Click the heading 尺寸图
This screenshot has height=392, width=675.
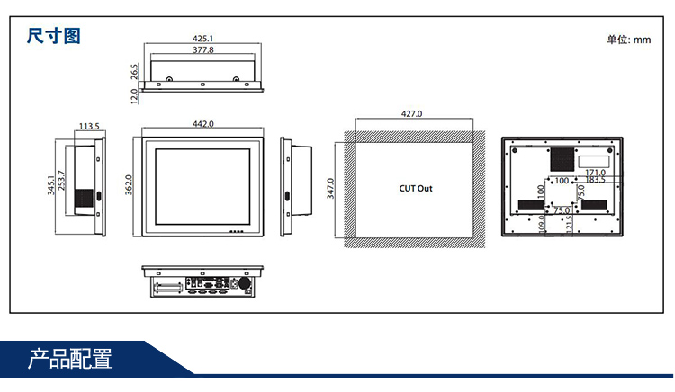pos(53,36)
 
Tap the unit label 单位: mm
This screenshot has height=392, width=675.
pos(628,40)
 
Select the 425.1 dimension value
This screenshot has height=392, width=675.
pos(202,39)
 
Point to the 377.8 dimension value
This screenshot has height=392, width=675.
pos(203,49)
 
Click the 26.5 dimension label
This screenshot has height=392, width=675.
pos(135,71)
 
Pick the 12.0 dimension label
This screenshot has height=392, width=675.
pos(134,96)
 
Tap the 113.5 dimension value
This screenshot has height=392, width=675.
pos(89,126)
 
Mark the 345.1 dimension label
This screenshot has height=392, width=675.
pos(51,185)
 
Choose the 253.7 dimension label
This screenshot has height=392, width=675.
pos(61,181)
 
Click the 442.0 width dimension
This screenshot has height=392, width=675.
pos(203,124)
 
